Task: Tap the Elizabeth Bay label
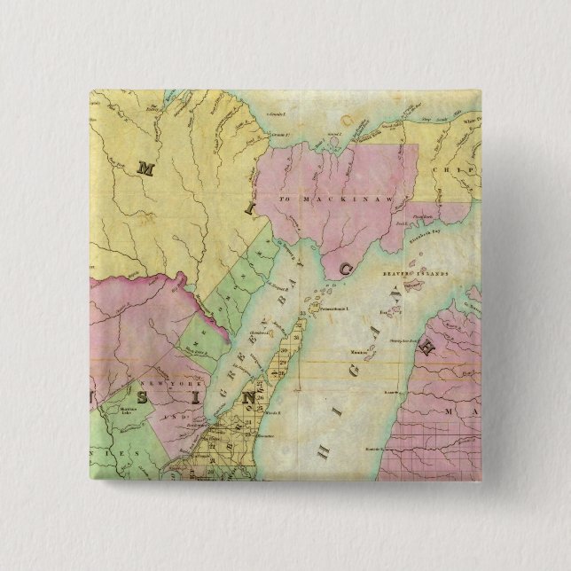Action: click(x=425, y=238)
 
